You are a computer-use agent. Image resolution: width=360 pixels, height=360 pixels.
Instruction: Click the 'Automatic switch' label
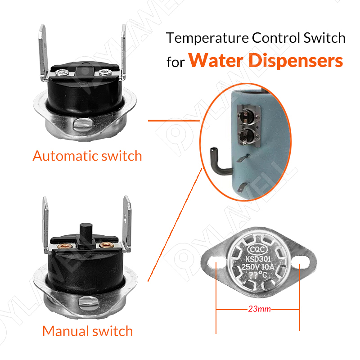(87, 156)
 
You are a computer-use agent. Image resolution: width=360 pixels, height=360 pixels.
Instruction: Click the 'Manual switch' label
(88, 331)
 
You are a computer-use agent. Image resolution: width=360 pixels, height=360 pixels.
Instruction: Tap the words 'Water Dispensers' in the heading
(265, 60)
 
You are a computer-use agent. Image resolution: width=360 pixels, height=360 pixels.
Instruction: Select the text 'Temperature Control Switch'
(256, 38)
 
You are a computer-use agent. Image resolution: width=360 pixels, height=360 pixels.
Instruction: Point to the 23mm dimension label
(258, 310)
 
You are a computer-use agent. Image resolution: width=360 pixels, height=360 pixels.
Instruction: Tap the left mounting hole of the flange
(217, 264)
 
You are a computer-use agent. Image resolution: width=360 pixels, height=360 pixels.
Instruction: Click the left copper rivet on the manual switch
(62, 246)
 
